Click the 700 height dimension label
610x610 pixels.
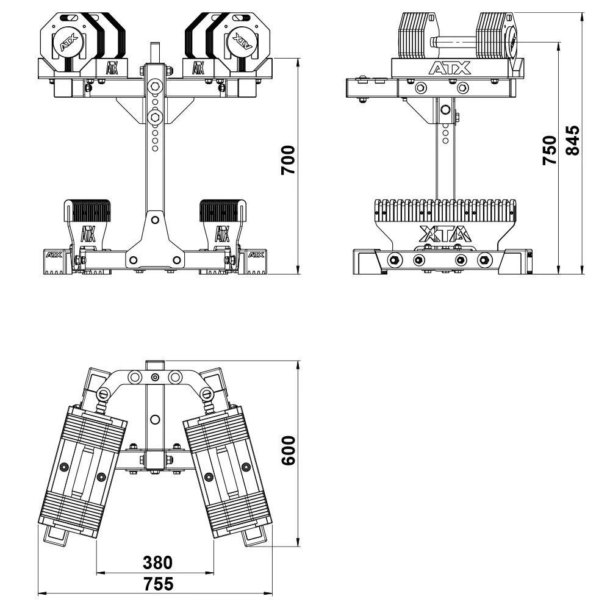289,160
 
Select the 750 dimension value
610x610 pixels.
550,150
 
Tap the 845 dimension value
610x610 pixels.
572,140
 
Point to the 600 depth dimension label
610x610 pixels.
289,451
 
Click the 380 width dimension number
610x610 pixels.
157,562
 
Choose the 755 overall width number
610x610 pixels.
159,584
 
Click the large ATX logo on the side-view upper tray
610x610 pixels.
450,68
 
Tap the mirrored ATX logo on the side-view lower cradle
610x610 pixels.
445,234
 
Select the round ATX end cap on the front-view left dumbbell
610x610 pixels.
68,41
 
